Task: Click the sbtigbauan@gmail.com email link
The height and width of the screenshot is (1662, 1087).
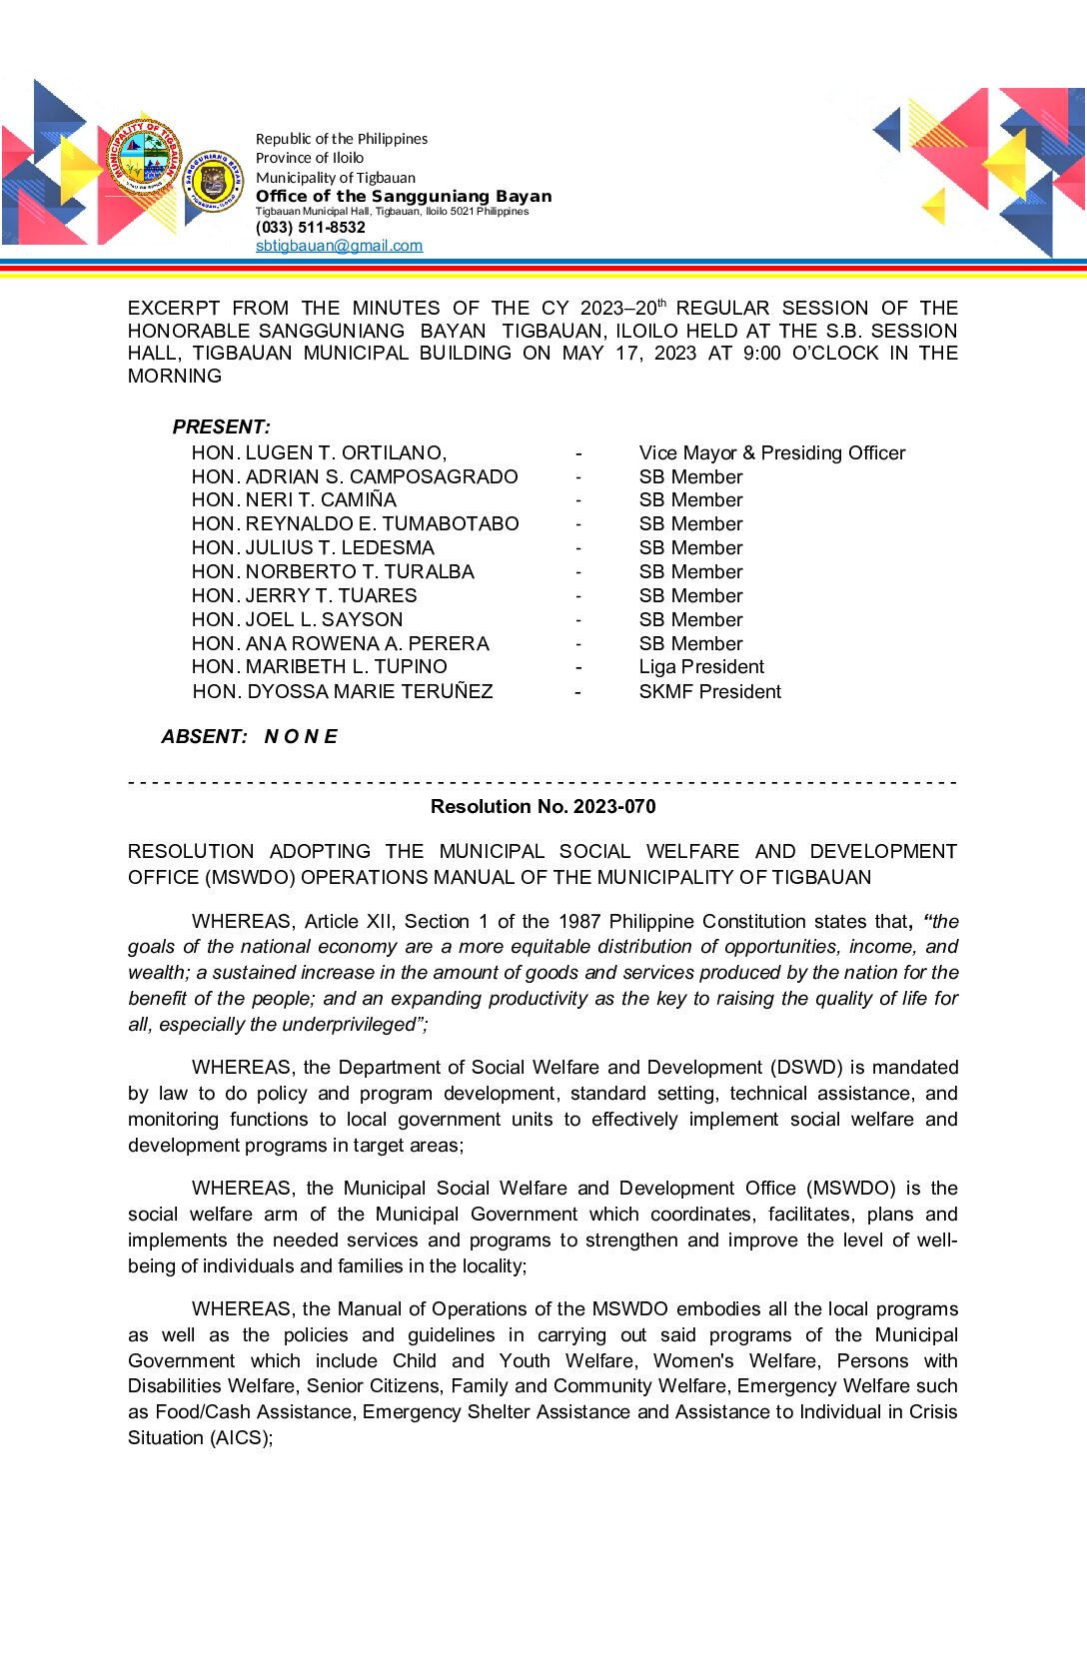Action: point(339,246)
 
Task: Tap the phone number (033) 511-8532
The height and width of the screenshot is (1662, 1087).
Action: point(310,228)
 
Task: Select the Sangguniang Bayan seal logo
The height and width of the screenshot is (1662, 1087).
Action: point(213,182)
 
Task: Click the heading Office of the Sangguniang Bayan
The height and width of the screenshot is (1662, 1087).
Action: point(403,196)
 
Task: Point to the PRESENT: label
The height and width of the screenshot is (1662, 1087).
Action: point(221,427)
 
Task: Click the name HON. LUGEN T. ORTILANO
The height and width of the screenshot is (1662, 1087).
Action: point(319,453)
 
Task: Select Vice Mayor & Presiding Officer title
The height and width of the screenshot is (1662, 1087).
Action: point(771,453)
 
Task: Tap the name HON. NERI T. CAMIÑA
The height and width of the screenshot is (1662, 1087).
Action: point(294,500)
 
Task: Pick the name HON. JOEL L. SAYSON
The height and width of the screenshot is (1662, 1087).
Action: point(297,620)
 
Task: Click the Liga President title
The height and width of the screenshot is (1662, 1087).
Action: point(701,667)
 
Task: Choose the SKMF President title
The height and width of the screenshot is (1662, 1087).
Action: point(709,692)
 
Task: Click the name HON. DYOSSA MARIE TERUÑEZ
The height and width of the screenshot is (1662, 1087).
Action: point(343,692)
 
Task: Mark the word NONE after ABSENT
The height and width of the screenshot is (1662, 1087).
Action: point(301,737)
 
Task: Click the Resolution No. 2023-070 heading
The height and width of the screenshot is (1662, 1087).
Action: point(543,807)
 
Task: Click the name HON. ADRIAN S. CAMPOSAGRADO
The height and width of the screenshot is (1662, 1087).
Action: point(355,477)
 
